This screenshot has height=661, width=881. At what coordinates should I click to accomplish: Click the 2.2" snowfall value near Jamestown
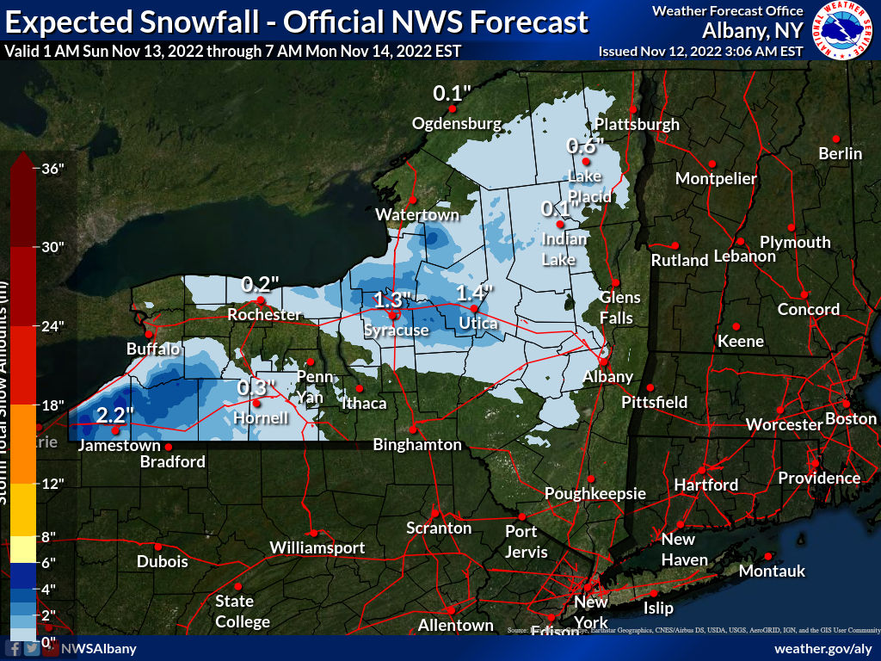click(114, 415)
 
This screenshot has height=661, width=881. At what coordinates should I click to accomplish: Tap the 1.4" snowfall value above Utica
click(473, 293)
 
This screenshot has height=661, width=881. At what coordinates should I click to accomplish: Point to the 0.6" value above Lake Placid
click(585, 146)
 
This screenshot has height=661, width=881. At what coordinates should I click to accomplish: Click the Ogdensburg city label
click(456, 124)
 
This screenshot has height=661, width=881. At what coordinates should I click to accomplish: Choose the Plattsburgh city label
click(637, 124)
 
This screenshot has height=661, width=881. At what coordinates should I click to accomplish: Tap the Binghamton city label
click(417, 445)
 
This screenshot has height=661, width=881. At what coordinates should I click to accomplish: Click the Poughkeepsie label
click(595, 494)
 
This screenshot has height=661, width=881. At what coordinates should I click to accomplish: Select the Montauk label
click(772, 571)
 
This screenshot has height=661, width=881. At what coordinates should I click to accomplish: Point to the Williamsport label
click(317, 548)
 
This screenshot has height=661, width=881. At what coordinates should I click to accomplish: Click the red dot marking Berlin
click(835, 139)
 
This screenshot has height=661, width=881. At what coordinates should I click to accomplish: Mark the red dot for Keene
click(736, 326)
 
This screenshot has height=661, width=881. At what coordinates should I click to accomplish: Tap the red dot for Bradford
click(169, 447)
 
